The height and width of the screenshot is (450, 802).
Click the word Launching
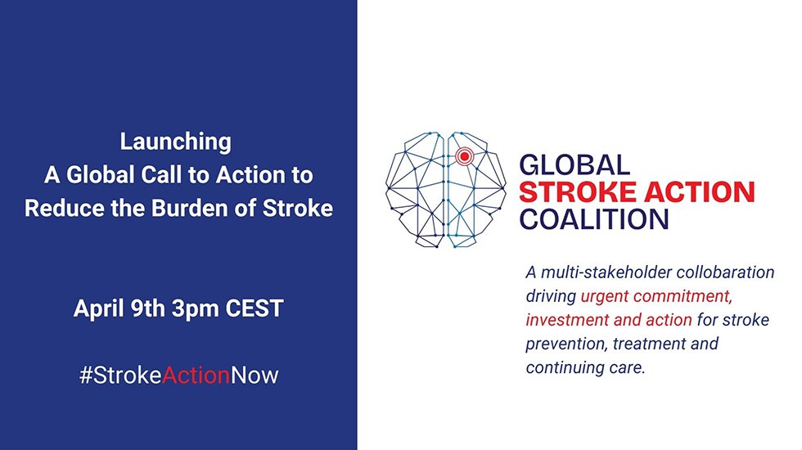coord(176,142)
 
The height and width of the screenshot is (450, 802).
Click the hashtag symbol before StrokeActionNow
coord(84,376)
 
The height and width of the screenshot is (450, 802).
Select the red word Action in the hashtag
coord(196,376)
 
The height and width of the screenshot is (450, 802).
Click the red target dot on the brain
coord(465,155)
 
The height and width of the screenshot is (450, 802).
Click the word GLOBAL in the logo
coord(575,165)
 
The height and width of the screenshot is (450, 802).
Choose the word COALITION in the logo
coord(595,219)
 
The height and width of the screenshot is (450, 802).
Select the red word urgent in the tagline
coord(606,296)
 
